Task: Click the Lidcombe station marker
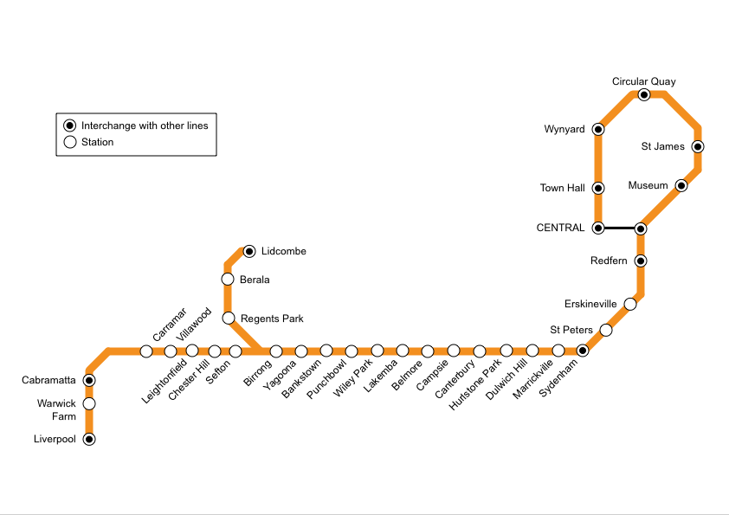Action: pyautogui.click(x=249, y=251)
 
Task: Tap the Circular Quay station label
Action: pyautogui.click(x=643, y=81)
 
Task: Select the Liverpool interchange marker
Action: pyautogui.click(x=89, y=439)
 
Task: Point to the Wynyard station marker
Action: pyautogui.click(x=598, y=129)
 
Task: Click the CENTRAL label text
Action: pyautogui.click(x=560, y=229)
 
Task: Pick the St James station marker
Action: pyautogui.click(x=698, y=146)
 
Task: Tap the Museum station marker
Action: pyautogui.click(x=681, y=185)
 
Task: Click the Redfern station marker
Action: pyautogui.click(x=641, y=261)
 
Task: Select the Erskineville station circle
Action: pyautogui.click(x=630, y=304)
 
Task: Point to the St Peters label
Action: pyautogui.click(x=571, y=330)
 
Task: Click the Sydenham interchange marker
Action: pyautogui.click(x=583, y=351)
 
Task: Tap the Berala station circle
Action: pyautogui.click(x=228, y=279)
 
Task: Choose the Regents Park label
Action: pyautogui.click(x=272, y=319)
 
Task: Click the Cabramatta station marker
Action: pyautogui.click(x=89, y=380)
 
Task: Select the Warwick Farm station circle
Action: pyautogui.click(x=89, y=403)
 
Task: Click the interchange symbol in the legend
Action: pyautogui.click(x=69, y=126)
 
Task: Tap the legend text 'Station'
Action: pyautogui.click(x=97, y=142)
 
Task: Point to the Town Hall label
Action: pyautogui.click(x=562, y=188)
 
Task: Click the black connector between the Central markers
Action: pyautogui.click(x=619, y=229)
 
